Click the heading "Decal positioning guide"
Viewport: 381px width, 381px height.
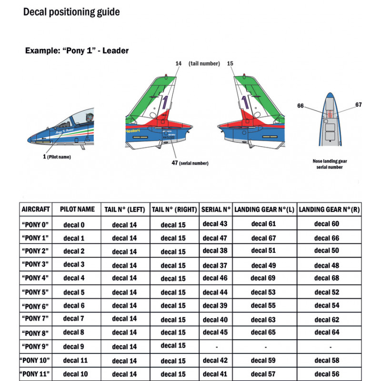pos(71,11)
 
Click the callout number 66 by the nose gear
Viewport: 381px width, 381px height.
pos(301,106)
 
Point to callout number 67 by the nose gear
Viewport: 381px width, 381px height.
pos(359,105)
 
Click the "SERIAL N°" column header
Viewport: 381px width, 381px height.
pos(216,210)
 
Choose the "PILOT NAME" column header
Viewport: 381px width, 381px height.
pos(77,210)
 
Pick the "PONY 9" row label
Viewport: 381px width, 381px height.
pos(36,347)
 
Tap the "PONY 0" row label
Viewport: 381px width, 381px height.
pos(36,224)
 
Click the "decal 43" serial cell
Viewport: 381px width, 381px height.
pos(215,223)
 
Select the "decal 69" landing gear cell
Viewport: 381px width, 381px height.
pos(263,278)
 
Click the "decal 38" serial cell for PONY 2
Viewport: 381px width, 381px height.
pos(215,251)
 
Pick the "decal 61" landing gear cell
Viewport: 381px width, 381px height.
pos(263,223)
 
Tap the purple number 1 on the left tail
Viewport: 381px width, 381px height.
pos(164,104)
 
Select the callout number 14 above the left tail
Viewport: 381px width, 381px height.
pos(179,63)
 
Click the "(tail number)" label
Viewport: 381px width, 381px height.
pos(204,63)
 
